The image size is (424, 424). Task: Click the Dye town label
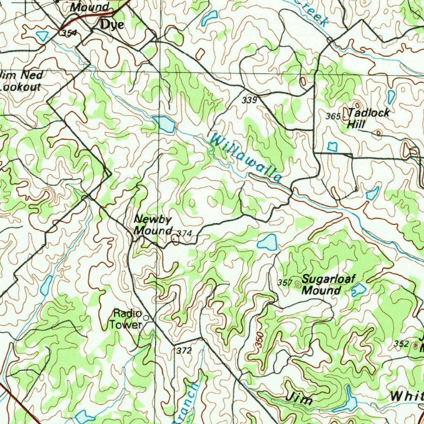[x=111, y=25]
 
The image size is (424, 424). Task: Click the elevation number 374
[x=185, y=234]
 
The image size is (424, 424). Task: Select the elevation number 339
[x=250, y=100]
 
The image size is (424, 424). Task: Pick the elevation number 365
[x=332, y=116]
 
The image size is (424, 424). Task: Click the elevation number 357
[x=285, y=283]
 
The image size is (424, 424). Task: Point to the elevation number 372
[x=184, y=351]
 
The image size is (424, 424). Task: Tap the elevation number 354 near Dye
[x=68, y=33]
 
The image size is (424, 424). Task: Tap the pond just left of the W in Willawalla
[x=164, y=124]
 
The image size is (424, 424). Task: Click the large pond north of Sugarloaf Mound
[x=267, y=242]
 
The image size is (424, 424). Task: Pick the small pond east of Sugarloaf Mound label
[x=359, y=289]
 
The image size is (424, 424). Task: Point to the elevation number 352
[x=401, y=344]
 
